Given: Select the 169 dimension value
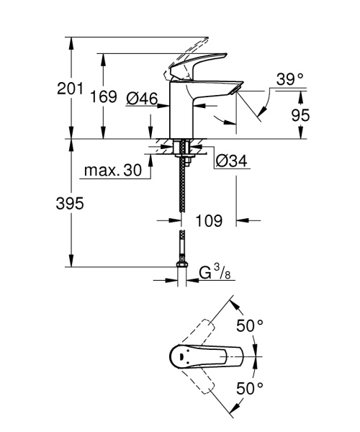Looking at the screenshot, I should (x=105, y=97).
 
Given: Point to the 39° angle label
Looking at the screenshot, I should (x=290, y=81).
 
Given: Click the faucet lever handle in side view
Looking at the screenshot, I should (x=193, y=66).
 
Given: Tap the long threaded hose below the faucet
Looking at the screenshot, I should (x=183, y=187).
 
